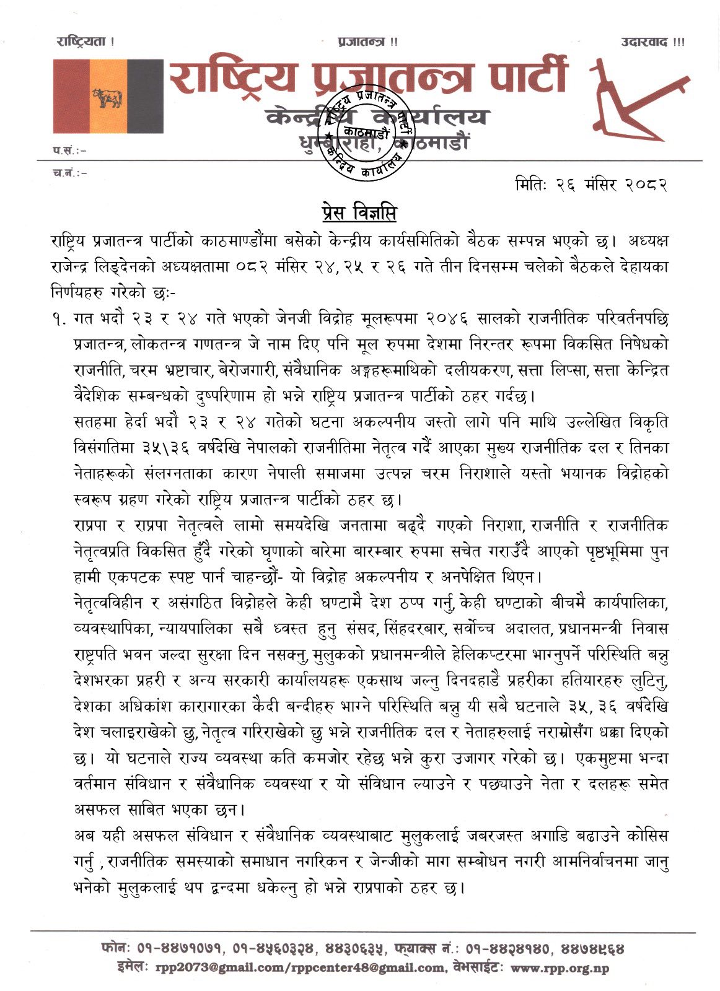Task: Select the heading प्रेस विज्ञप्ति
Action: coord(359,213)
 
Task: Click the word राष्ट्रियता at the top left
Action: coord(85,42)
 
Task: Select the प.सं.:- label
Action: coord(69,151)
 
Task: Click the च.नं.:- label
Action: coord(69,173)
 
